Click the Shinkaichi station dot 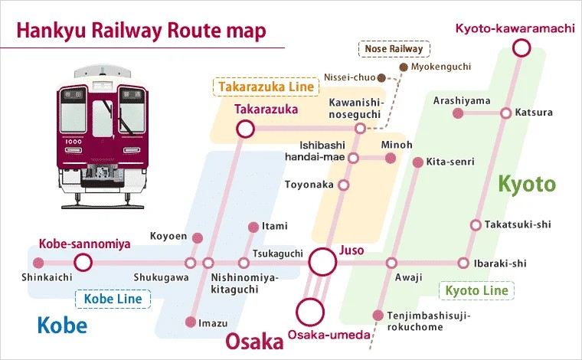tap(38, 263)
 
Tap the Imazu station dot tap(191, 322)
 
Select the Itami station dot tap(253, 227)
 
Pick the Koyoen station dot tap(198, 238)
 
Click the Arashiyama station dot tap(459, 113)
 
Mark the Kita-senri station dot tap(418, 162)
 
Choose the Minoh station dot tap(390, 158)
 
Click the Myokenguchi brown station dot tap(404, 67)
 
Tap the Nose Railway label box tap(394, 48)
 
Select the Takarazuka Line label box tap(266, 87)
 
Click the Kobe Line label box tap(113, 299)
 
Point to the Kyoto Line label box tap(476, 290)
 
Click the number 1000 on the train tap(74, 142)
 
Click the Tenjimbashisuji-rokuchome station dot tap(378, 316)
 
